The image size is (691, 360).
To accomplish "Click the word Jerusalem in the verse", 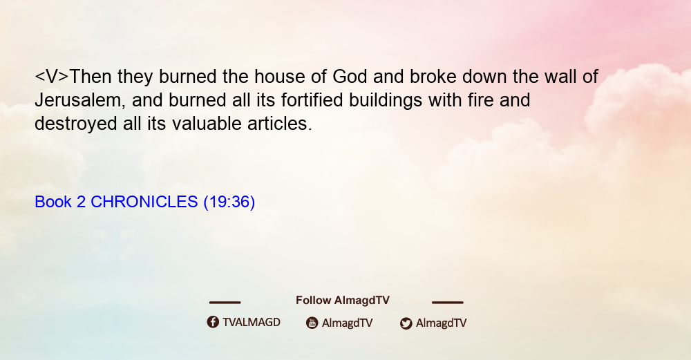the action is point(77,101).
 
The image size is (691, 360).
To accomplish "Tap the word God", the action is point(350,77).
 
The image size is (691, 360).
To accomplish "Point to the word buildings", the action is point(386,101).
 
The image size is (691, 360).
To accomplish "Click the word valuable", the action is point(207,124).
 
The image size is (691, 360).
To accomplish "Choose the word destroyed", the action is point(76,124).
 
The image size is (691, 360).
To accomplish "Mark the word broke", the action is point(433,77).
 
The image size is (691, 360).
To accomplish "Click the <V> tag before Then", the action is point(52,77).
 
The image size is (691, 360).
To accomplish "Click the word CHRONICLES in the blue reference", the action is point(144,202).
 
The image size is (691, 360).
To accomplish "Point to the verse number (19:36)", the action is point(229,202).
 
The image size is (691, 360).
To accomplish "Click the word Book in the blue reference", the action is point(53,202).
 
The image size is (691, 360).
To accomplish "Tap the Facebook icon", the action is point(213,322).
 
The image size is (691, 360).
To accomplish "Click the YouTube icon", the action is point(312,323).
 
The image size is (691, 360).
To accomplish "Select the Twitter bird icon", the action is point(406,323).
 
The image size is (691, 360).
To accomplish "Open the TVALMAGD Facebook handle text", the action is point(252,322).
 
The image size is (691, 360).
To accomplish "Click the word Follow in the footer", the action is point(313,301).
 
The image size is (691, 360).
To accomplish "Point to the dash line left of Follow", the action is point(225,302).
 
